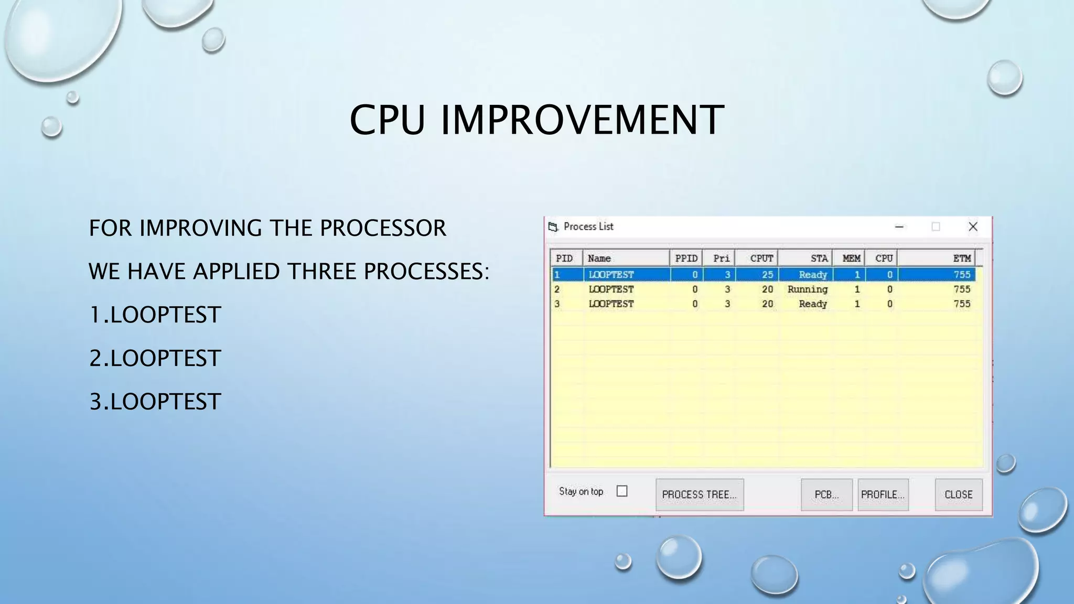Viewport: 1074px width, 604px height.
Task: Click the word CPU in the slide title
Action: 387,120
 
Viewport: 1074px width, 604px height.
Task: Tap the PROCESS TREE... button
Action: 699,494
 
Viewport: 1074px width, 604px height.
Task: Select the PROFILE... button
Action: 883,494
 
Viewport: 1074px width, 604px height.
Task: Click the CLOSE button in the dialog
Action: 958,494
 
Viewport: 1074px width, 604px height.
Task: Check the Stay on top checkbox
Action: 622,491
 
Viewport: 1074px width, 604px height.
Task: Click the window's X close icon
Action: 973,226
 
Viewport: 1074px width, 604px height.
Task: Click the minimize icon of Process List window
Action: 899,226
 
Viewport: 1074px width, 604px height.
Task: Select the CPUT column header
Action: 761,258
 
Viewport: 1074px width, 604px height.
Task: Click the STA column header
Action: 818,258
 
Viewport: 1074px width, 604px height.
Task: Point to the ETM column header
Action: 962,258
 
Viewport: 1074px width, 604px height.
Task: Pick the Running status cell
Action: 807,289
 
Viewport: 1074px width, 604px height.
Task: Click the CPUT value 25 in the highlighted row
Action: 767,275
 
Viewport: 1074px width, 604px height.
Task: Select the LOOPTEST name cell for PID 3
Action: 611,304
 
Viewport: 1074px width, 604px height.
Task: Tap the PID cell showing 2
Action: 557,289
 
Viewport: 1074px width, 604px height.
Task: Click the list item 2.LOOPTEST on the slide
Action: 155,358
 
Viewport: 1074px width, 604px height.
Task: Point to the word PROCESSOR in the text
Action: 383,228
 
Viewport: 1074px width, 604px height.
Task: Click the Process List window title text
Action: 588,226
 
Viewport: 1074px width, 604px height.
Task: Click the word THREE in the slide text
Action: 321,272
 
